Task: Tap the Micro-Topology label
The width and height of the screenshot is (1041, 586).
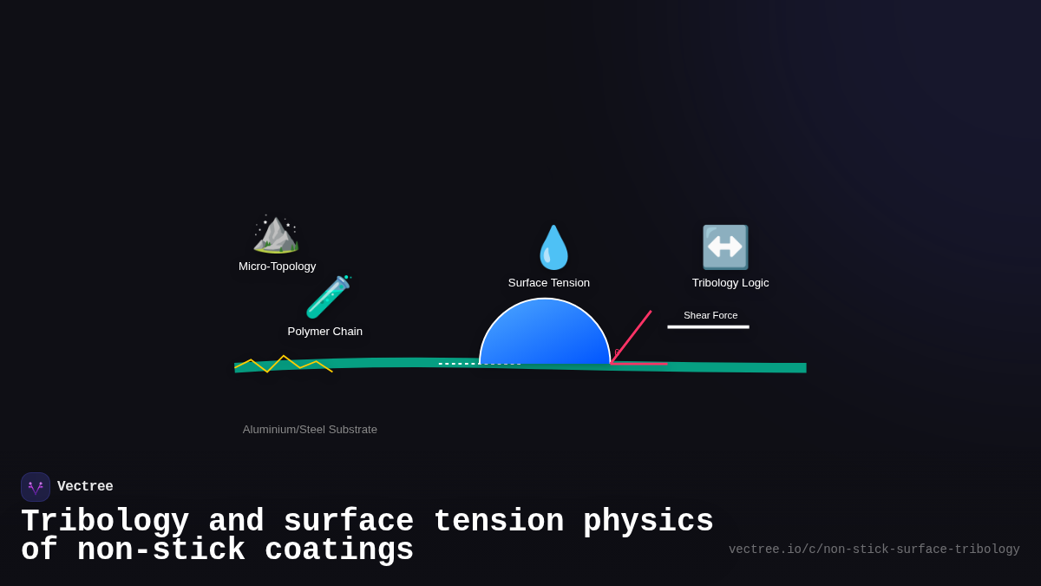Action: (278, 267)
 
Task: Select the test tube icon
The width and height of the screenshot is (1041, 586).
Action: (328, 297)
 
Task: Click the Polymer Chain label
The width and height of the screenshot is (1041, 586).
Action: (325, 332)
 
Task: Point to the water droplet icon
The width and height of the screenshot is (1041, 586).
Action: (553, 248)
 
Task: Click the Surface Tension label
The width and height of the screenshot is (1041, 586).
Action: (549, 283)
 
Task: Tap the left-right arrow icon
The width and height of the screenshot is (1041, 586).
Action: (725, 247)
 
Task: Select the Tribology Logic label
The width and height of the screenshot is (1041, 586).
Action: (730, 283)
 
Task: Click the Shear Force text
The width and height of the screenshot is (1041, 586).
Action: (710, 315)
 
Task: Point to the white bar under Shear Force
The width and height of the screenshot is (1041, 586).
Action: (708, 327)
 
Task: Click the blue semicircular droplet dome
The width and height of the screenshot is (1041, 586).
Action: (545, 334)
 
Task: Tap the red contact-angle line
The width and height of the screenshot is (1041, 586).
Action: (632, 336)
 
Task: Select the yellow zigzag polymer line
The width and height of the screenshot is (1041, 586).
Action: (284, 363)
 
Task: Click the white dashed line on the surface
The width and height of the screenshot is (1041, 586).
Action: (479, 364)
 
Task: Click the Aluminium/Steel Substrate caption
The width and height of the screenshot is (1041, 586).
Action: (310, 430)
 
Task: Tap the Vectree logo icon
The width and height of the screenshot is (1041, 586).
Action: (36, 487)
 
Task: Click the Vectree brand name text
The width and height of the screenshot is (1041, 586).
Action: (85, 487)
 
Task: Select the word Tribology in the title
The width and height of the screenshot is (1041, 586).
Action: (105, 522)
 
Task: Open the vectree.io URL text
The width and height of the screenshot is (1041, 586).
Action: (874, 550)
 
